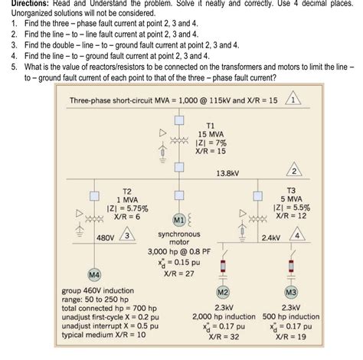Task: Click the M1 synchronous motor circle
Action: tap(177, 221)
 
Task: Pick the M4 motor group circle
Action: tap(95, 273)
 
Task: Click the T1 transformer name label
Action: tap(211, 123)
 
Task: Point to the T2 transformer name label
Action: tap(128, 189)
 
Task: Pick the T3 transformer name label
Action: tap(291, 189)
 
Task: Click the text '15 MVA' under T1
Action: tap(211, 133)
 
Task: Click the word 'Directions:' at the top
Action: tap(27, 4)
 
